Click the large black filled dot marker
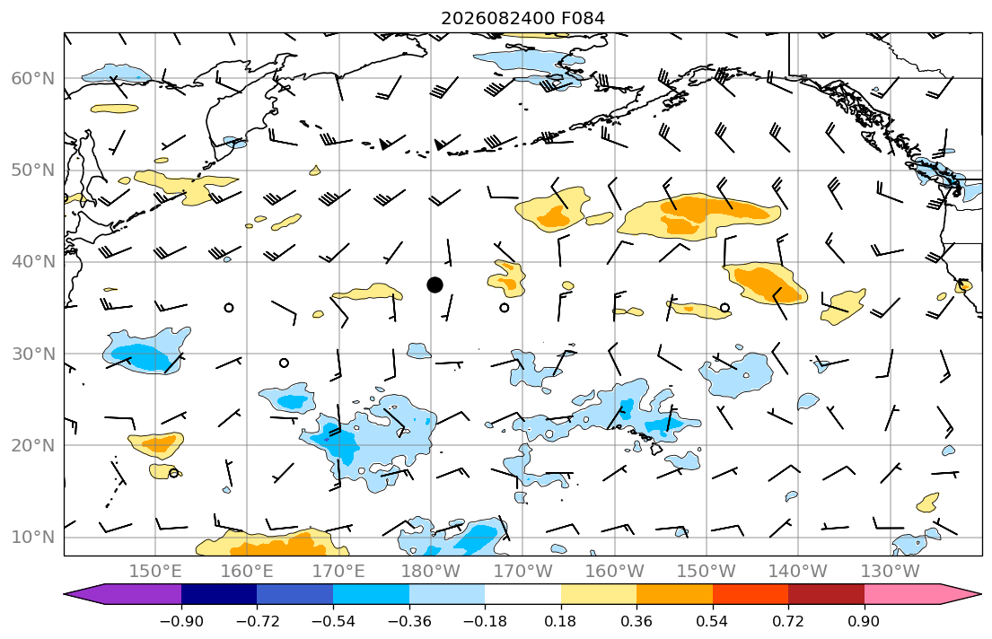pyautogui.click(x=435, y=284)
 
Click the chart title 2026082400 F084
pyautogui.click(x=522, y=18)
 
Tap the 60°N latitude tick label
pyautogui.click(x=33, y=78)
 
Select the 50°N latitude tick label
pyautogui.click(x=33, y=171)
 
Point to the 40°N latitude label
pyautogui.click(x=33, y=262)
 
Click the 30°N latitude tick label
pyautogui.click(x=33, y=354)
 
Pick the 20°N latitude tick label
pyautogui.click(x=33, y=445)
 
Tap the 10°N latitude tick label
pyautogui.click(x=33, y=538)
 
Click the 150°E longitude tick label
pyautogui.click(x=155, y=572)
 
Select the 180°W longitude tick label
pyautogui.click(x=432, y=572)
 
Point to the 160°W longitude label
pyautogui.click(x=615, y=572)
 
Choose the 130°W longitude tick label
pyautogui.click(x=891, y=572)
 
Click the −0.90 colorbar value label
pyautogui.click(x=181, y=621)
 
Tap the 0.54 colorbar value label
pyautogui.click(x=713, y=621)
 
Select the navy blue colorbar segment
pyautogui.click(x=219, y=594)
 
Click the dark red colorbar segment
pyautogui.click(x=826, y=594)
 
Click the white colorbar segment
pyautogui.click(x=522, y=594)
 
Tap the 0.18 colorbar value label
pyautogui.click(x=560, y=621)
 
